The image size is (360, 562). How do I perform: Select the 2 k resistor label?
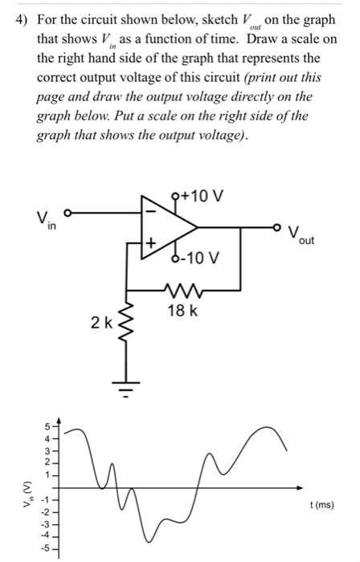tap(101, 323)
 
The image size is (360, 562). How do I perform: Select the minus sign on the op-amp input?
tap(149, 213)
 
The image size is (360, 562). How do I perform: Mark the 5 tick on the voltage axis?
tap(47, 426)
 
